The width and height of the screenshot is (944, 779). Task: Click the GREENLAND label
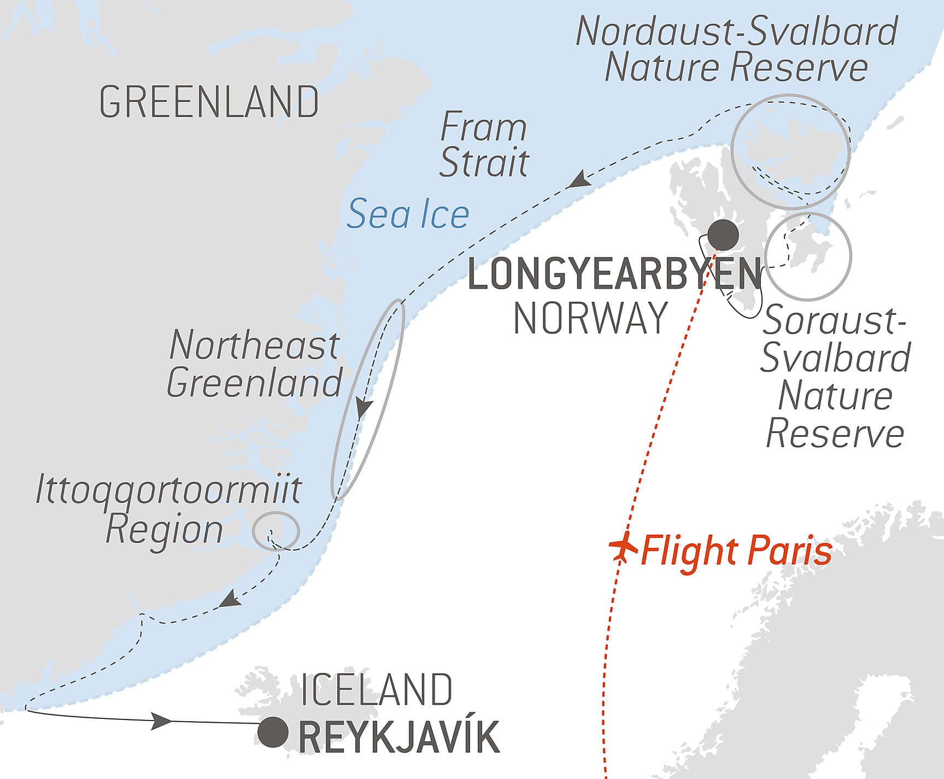click(209, 102)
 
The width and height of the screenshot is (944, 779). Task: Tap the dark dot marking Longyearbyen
click(723, 235)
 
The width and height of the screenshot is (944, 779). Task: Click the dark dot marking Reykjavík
click(273, 732)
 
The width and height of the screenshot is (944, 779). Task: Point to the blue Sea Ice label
click(408, 214)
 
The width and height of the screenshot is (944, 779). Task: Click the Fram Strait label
click(483, 144)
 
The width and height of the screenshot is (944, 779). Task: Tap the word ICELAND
click(377, 689)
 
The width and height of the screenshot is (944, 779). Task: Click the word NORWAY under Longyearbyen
click(591, 318)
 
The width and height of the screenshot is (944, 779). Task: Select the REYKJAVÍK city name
click(399, 737)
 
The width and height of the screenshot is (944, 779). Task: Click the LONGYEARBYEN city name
click(615, 274)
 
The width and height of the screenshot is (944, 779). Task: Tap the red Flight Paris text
click(736, 551)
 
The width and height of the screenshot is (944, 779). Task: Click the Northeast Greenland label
click(254, 364)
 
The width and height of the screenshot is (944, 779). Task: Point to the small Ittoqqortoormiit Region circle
click(275, 530)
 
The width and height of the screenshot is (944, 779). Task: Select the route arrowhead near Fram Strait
click(578, 179)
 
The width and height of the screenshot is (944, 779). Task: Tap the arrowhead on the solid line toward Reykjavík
click(162, 721)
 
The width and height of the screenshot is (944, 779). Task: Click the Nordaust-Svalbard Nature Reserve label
click(736, 49)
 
